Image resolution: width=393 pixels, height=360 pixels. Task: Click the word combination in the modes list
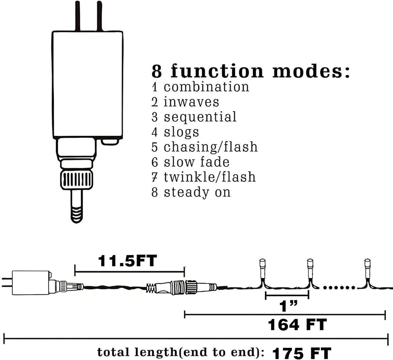coord(206,87)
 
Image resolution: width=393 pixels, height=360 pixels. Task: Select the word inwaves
coord(191,102)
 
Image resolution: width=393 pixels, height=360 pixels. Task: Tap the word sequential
coord(200,117)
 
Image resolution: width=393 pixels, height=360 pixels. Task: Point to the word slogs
coord(181,132)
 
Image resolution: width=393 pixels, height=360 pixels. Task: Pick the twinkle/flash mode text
coord(210,177)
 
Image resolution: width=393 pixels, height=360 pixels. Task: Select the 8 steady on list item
coord(191,192)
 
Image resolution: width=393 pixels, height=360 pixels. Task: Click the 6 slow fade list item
coord(190,162)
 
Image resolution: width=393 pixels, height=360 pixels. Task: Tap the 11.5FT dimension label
coord(127,261)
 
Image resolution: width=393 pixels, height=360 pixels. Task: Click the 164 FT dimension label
coord(297,325)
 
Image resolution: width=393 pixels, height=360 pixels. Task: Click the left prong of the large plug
coord(78,16)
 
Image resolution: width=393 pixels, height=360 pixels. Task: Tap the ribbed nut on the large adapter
coord(77,180)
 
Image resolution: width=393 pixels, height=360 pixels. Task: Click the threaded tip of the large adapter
coord(77,215)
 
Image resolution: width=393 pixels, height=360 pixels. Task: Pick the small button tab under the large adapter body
coord(110,142)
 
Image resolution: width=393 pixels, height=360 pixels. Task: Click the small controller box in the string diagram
coord(31,283)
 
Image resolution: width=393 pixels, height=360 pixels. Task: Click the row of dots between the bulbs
coord(339,288)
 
